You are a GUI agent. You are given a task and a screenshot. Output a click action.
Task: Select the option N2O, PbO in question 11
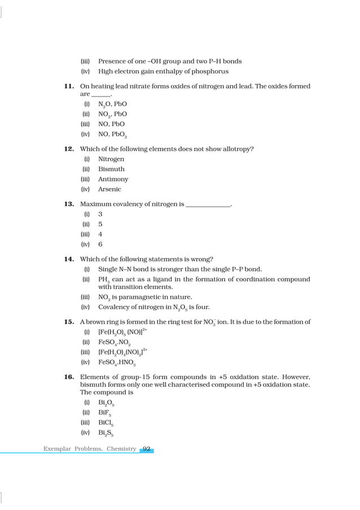112,104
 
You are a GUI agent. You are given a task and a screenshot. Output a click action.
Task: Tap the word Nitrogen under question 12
111,159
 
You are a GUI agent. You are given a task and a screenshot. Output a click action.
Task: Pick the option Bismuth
111,169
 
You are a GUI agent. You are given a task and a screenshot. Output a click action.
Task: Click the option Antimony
113,179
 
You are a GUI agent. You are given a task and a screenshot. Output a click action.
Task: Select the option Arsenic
109,189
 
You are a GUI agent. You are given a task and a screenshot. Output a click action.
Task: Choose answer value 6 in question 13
100,245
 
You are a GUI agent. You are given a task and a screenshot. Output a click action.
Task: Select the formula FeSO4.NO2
115,342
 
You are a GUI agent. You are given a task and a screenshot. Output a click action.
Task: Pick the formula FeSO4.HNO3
117,363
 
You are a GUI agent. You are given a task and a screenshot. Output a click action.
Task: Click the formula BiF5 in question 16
106,413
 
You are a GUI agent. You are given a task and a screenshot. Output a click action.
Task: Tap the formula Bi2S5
106,434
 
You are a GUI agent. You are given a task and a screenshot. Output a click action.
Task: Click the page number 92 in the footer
146,449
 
